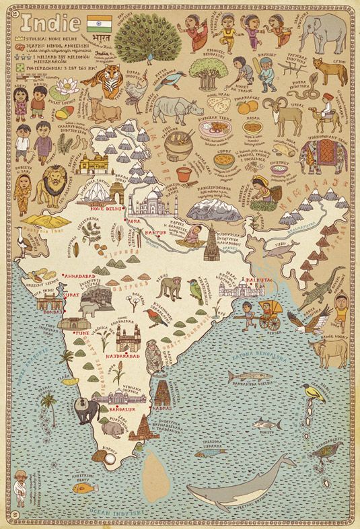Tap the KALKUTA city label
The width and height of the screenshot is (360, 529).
256,275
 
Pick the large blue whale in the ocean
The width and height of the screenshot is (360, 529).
242,481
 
